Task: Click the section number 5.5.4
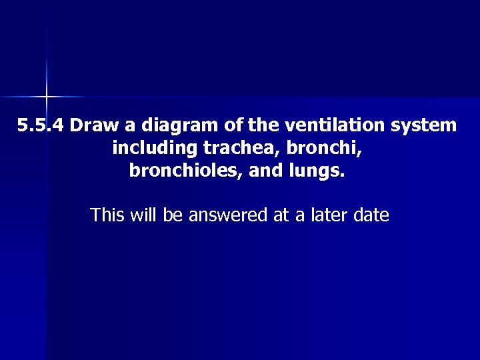click(41, 125)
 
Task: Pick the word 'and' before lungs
click(265, 171)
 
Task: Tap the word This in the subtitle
click(108, 215)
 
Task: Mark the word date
click(372, 215)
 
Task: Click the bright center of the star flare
click(47, 97)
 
